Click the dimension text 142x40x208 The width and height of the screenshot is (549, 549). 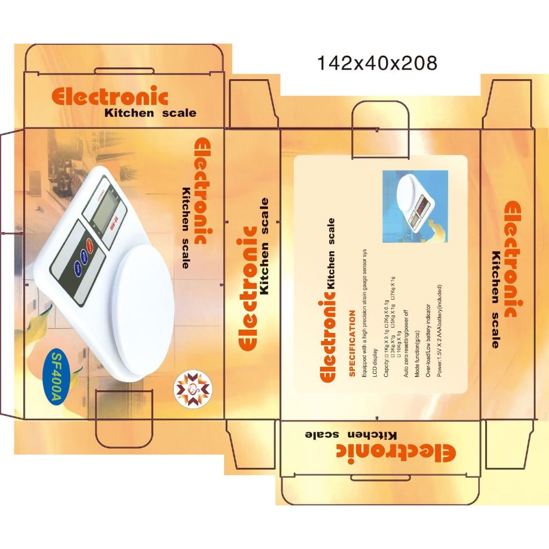point(377,63)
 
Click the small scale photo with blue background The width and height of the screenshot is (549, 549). point(414,206)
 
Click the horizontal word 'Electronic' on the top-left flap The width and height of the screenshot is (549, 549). point(110,96)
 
